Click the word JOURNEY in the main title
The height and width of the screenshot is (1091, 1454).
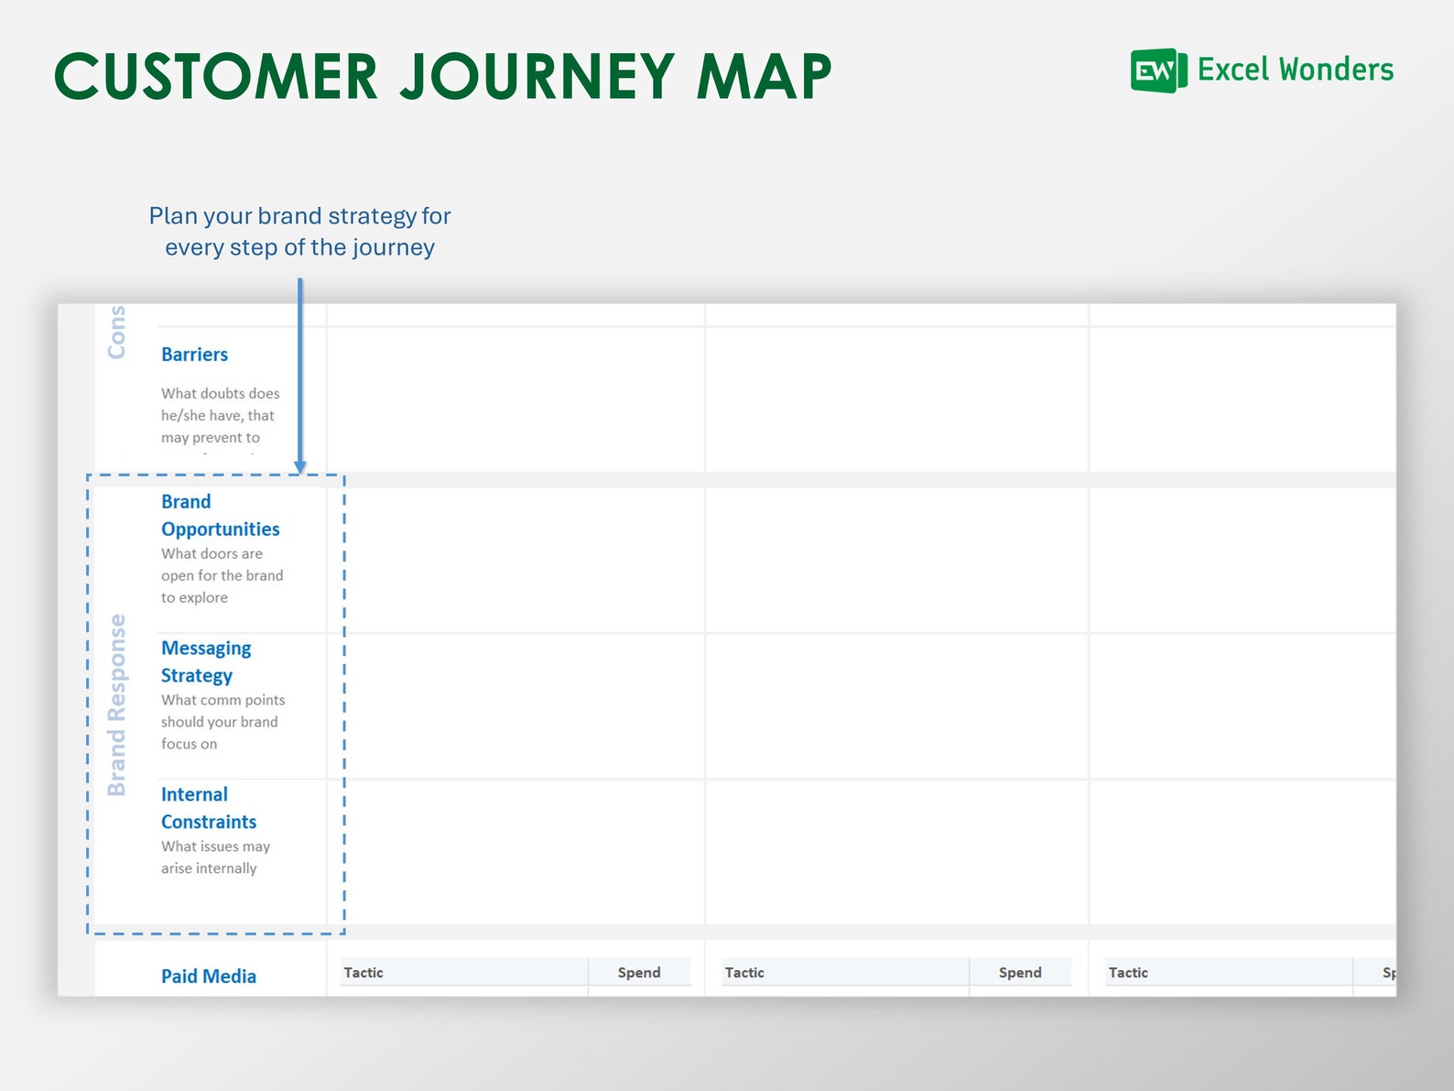(537, 76)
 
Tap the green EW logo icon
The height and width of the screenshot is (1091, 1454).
(1158, 71)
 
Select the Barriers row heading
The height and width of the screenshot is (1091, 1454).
(194, 355)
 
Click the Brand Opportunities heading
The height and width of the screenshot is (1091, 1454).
(220, 516)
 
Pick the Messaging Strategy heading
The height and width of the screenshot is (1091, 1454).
(205, 662)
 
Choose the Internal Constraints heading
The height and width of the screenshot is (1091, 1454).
(208, 808)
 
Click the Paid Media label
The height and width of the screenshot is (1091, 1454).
(208, 976)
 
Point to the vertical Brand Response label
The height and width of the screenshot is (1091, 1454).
(116, 704)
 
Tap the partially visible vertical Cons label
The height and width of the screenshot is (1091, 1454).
(116, 332)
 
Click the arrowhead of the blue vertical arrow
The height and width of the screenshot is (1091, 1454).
(299, 467)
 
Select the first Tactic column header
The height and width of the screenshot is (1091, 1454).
(363, 973)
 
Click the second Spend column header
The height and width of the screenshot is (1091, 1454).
(1020, 973)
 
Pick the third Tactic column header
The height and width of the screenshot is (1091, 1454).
(1128, 973)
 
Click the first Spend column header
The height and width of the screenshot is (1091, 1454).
(639, 973)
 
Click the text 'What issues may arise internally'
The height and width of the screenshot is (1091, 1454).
(215, 857)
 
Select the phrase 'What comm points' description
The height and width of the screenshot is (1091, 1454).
(222, 700)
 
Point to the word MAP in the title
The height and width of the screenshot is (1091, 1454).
(764, 76)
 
